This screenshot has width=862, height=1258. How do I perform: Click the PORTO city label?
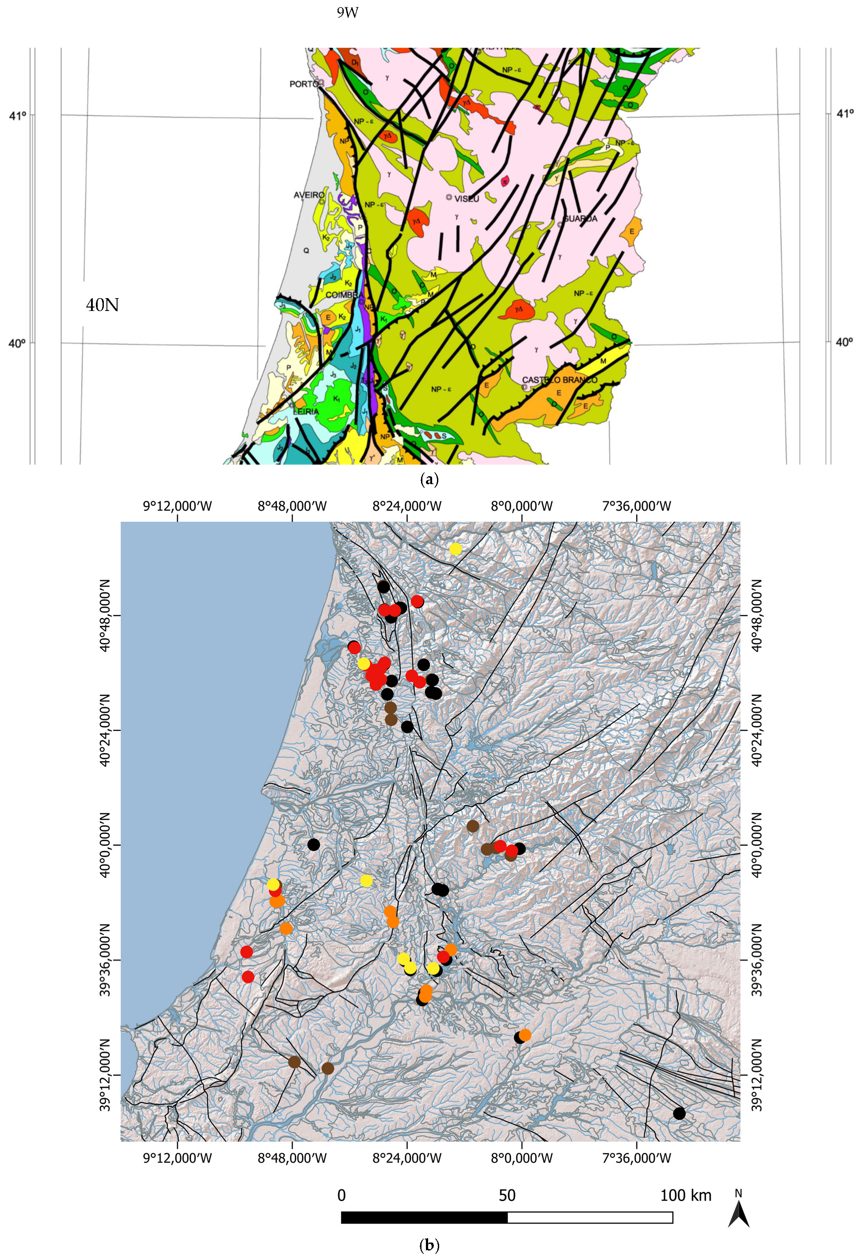click(x=304, y=84)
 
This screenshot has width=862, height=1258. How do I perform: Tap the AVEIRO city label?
click(x=309, y=195)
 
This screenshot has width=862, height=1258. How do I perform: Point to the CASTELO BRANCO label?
click(x=559, y=380)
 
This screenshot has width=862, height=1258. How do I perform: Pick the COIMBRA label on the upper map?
click(x=344, y=295)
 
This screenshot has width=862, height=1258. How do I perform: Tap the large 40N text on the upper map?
click(x=103, y=305)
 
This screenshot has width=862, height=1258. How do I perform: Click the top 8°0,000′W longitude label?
click(x=522, y=507)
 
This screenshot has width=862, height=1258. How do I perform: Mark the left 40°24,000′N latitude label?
click(x=105, y=730)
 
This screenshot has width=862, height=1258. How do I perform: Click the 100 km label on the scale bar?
click(x=685, y=1195)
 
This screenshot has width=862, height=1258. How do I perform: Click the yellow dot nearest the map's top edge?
click(x=456, y=549)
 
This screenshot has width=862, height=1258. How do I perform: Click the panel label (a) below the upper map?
click(x=429, y=479)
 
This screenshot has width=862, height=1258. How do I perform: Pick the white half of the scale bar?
click(x=590, y=1217)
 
